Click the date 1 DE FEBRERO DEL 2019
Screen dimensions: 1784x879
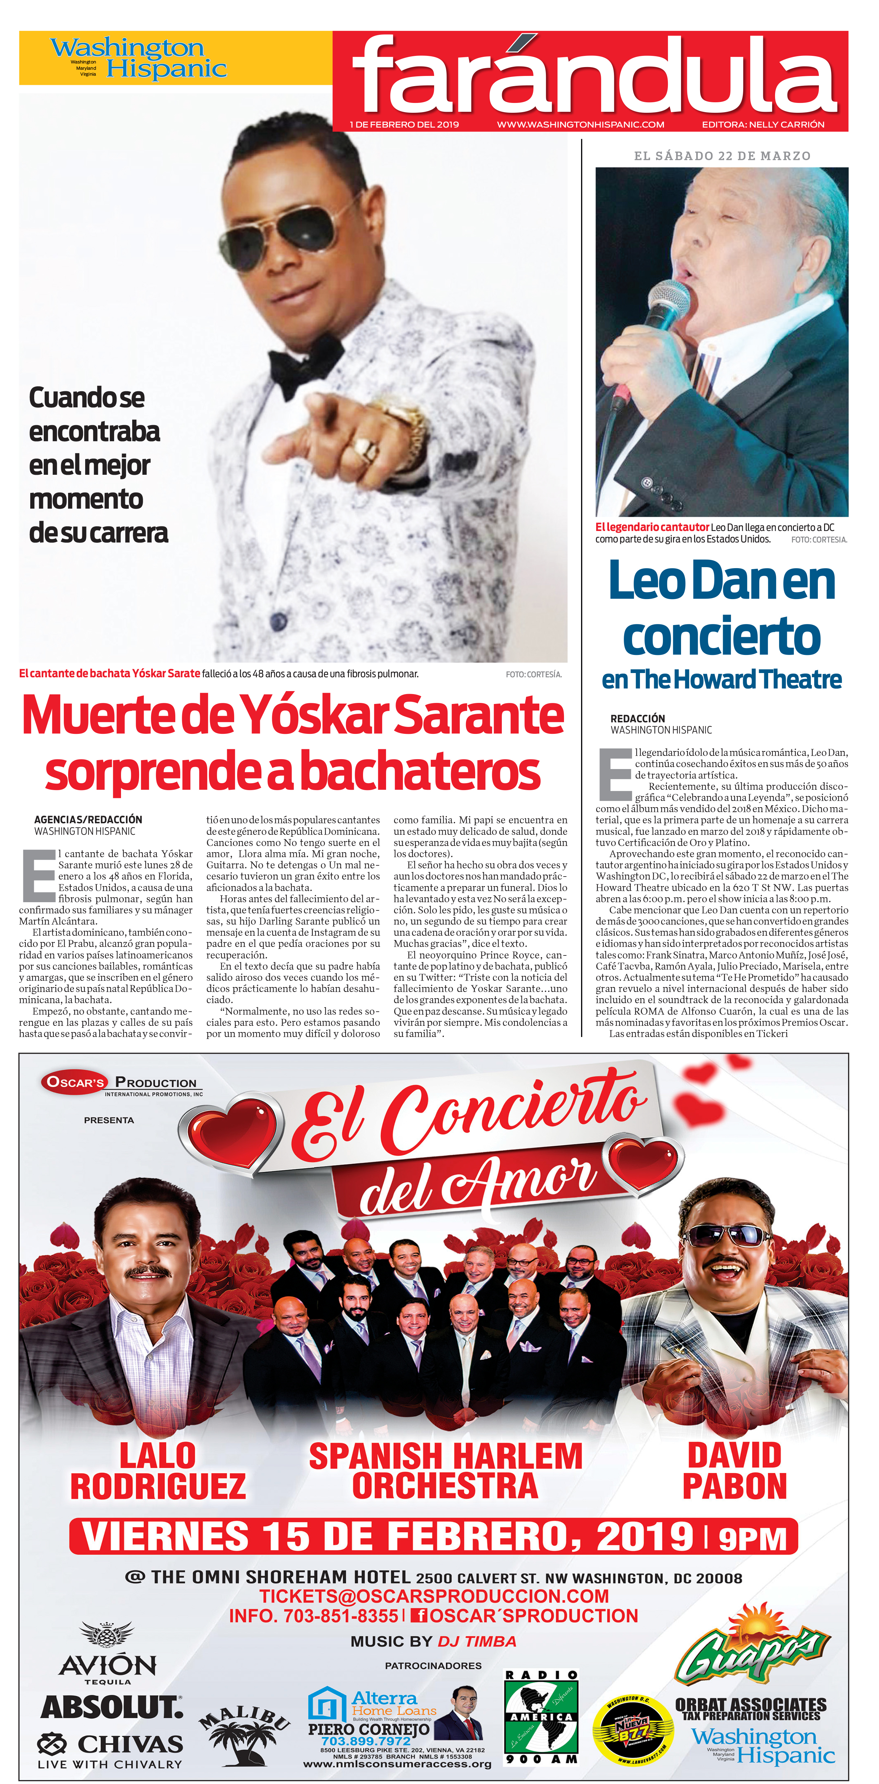pyautogui.click(x=404, y=125)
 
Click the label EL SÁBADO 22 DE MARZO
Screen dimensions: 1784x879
pyautogui.click(x=722, y=156)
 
